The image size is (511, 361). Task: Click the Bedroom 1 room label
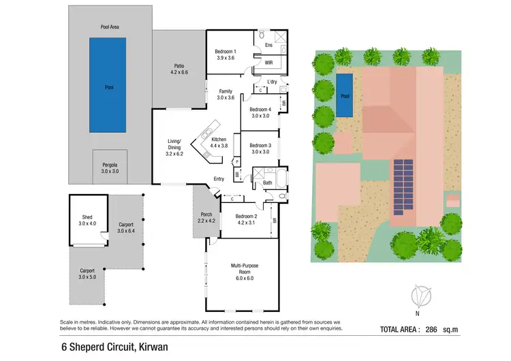(x=226, y=55)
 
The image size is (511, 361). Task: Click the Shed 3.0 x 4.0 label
(x=87, y=221)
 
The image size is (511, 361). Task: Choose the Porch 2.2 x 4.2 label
(x=205, y=217)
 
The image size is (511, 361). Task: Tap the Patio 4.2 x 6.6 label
(x=177, y=69)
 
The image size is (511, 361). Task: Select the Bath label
(x=268, y=183)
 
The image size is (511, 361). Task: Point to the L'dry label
(x=272, y=83)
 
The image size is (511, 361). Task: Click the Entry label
(x=219, y=179)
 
